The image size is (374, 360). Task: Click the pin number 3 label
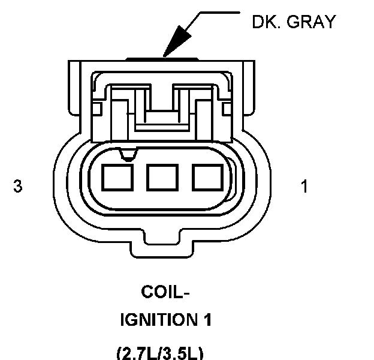coord(18,187)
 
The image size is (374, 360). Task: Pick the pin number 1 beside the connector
coord(304,187)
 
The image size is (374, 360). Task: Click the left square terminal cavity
coord(116,178)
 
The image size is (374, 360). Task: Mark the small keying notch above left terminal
coord(126,156)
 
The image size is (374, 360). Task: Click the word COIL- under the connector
coord(165,293)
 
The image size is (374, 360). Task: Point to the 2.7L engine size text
coord(136,350)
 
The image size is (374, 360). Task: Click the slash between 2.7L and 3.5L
coord(161,350)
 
